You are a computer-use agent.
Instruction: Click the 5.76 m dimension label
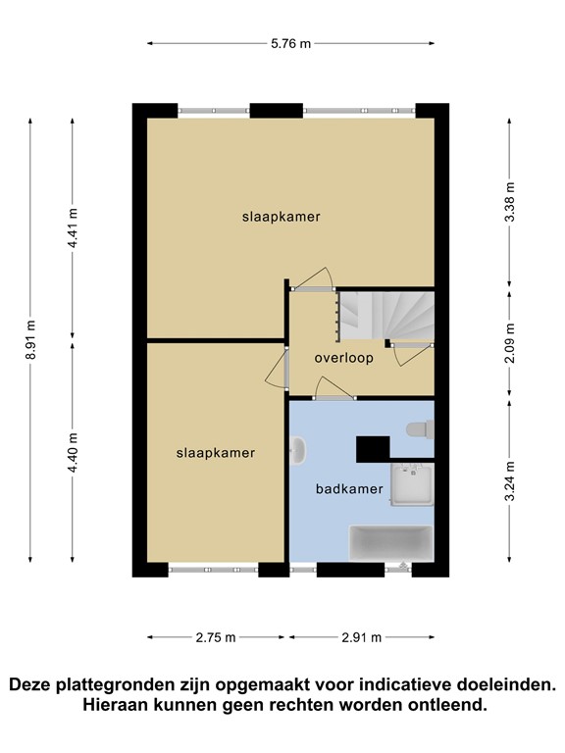(x=291, y=43)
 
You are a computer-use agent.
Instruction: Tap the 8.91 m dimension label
(x=31, y=340)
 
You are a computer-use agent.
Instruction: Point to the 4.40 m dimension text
(x=72, y=453)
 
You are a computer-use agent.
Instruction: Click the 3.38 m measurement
(x=508, y=201)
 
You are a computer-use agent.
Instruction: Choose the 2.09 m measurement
(x=508, y=342)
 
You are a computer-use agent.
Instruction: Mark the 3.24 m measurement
(x=508, y=482)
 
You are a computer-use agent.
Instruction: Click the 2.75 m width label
(x=216, y=637)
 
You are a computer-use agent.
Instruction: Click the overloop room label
(x=343, y=358)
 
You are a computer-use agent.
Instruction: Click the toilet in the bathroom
(x=421, y=428)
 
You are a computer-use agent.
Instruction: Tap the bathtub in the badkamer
(x=390, y=542)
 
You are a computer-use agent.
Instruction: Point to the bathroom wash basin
(x=298, y=450)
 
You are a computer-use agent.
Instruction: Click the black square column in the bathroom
(x=373, y=447)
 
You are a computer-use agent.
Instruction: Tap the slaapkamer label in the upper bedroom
(x=282, y=217)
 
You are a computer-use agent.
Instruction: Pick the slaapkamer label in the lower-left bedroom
(x=216, y=453)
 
